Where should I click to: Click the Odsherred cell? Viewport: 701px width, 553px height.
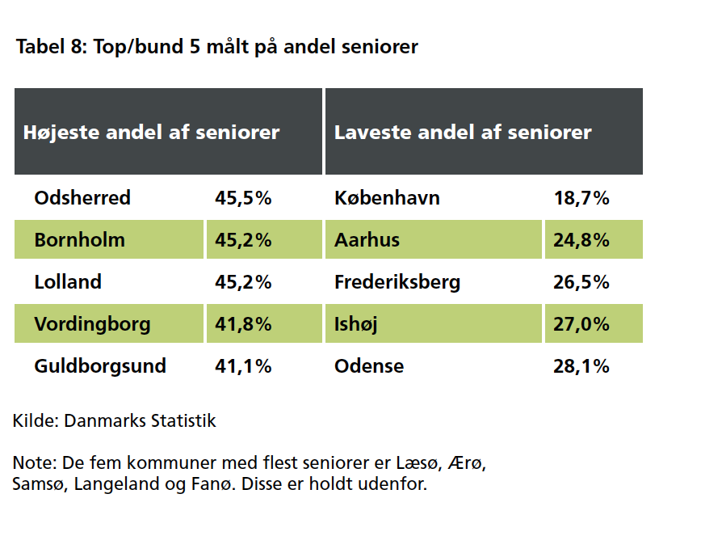(x=82, y=198)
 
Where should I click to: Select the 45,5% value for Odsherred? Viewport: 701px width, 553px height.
(x=243, y=198)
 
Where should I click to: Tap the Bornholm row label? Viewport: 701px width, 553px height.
(x=79, y=240)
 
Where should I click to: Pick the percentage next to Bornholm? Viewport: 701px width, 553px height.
(x=243, y=240)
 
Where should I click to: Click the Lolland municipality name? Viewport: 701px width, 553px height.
(x=68, y=282)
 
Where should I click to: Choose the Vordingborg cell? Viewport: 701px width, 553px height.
(x=92, y=324)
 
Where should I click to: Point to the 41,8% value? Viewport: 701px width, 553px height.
(x=243, y=324)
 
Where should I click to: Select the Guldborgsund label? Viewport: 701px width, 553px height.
(x=100, y=366)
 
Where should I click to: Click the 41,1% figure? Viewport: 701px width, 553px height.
(x=243, y=366)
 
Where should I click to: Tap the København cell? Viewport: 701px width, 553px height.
(x=387, y=198)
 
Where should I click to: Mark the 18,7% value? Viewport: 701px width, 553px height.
(x=581, y=198)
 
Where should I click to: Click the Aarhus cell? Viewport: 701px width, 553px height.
(x=367, y=240)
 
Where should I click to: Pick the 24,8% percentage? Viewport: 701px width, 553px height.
(x=581, y=240)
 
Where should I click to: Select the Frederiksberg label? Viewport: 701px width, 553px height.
(x=397, y=282)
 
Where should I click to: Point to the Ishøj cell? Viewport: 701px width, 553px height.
(x=356, y=324)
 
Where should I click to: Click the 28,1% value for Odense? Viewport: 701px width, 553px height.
(x=581, y=366)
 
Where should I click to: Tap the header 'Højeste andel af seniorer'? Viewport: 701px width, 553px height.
(x=151, y=132)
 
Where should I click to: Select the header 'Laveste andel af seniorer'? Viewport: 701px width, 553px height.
(x=463, y=132)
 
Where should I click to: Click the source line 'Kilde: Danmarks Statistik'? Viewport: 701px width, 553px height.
(x=115, y=421)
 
